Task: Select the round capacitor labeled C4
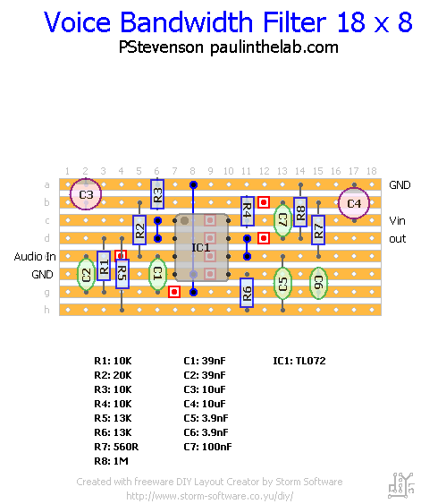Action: pyautogui.click(x=354, y=203)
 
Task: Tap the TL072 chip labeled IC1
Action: pyautogui.click(x=200, y=246)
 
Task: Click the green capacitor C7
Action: pyautogui.click(x=282, y=218)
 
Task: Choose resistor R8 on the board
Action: pyautogui.click(x=300, y=213)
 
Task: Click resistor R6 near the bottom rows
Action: pyautogui.click(x=247, y=291)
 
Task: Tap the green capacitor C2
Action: pyautogui.click(x=86, y=274)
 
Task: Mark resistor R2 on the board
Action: pyautogui.click(x=139, y=231)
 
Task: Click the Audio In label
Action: pyautogui.click(x=35, y=256)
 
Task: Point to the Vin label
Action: pyautogui.click(x=398, y=220)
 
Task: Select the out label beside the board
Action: pyautogui.click(x=398, y=239)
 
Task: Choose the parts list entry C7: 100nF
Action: pyautogui.click(x=207, y=446)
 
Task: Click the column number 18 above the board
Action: pyautogui.click(x=372, y=171)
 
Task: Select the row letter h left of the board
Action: pyautogui.click(x=46, y=310)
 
